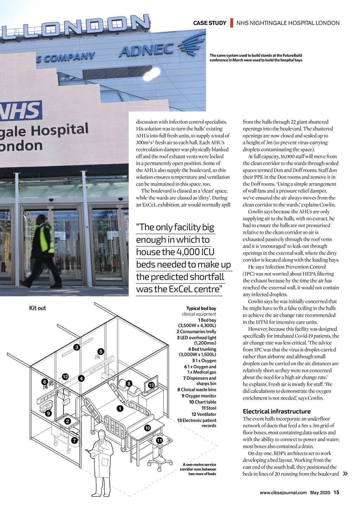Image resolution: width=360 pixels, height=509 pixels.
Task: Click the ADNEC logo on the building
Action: (147, 50)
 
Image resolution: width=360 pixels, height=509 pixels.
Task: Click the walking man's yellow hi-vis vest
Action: (46, 239)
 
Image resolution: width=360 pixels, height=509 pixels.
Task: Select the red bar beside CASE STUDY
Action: (232, 23)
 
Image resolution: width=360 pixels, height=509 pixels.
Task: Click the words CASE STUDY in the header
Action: (210, 23)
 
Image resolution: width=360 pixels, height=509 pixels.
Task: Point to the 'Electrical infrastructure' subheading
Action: (277, 411)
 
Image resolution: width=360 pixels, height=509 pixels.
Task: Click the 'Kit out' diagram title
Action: (38, 308)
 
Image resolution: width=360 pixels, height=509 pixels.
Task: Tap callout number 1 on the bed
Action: (120, 408)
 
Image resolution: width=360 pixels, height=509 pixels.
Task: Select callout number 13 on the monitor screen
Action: (151, 385)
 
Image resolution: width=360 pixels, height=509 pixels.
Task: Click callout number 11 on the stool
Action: (159, 440)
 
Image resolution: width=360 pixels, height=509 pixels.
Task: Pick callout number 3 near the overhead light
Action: (76, 347)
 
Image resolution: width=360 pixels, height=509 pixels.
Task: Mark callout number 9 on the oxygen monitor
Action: (48, 413)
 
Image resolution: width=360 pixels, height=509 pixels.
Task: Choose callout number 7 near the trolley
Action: (74, 440)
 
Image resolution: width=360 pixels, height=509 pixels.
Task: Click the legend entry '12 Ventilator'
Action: (204, 414)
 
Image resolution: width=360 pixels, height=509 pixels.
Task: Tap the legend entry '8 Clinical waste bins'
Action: (197, 389)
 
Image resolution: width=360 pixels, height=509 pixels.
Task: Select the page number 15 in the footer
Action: (336, 492)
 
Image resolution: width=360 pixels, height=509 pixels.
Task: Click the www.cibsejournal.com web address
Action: (283, 492)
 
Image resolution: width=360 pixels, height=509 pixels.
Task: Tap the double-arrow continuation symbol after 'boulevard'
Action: (345, 473)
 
